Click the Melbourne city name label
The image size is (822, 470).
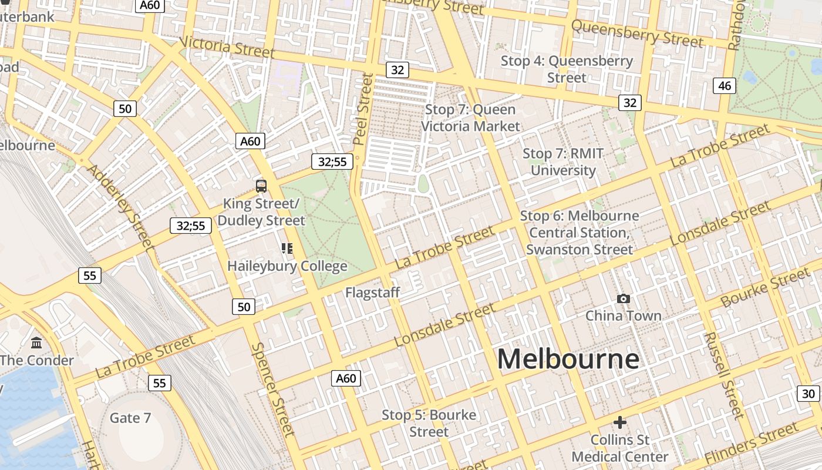(x=568, y=359)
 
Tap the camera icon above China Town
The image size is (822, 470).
(x=623, y=299)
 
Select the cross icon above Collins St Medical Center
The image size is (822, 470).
(x=619, y=422)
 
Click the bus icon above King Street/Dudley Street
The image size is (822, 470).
(x=261, y=186)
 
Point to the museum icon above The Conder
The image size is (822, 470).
(x=36, y=343)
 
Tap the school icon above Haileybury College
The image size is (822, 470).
(x=287, y=249)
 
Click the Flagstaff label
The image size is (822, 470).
(x=372, y=292)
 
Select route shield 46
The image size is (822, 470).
(x=725, y=86)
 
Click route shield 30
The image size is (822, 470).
(x=808, y=394)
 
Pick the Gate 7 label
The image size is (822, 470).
(x=130, y=418)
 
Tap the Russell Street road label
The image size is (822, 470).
(x=723, y=375)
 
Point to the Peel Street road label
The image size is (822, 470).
(x=363, y=109)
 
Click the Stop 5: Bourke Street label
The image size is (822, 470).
(x=429, y=423)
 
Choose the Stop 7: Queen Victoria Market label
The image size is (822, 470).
(x=470, y=117)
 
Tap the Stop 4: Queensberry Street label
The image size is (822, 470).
(x=567, y=69)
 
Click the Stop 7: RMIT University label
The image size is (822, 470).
(x=563, y=162)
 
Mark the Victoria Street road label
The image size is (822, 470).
(x=227, y=47)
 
